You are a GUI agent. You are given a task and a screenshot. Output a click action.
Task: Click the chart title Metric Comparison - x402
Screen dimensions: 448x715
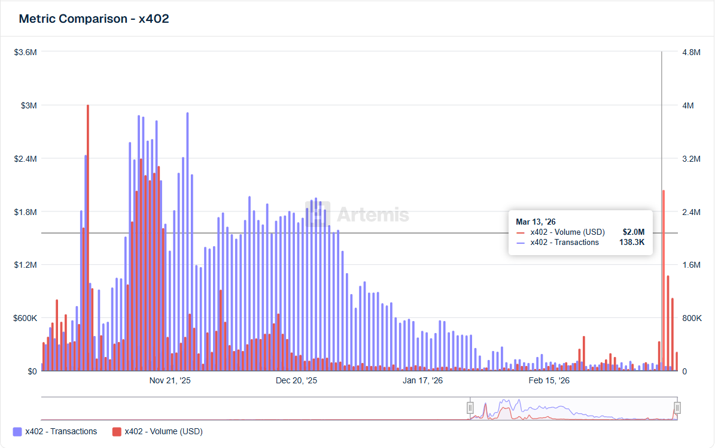click(94, 19)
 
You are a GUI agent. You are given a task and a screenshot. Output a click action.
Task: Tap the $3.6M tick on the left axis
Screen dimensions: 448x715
click(26, 52)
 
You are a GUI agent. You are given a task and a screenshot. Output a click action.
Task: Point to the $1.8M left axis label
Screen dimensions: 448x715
click(26, 212)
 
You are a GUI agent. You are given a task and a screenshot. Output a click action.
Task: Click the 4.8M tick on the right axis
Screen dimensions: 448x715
click(691, 52)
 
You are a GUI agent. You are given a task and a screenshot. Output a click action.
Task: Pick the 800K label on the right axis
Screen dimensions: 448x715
click(692, 318)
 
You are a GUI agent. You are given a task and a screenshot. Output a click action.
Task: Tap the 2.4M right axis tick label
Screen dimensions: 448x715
click(691, 212)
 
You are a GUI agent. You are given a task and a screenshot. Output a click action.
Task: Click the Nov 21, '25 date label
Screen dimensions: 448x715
click(170, 380)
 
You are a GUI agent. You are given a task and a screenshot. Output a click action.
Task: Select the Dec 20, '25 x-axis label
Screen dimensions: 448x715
click(297, 380)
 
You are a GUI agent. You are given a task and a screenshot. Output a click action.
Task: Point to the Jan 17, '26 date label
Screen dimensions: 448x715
click(423, 380)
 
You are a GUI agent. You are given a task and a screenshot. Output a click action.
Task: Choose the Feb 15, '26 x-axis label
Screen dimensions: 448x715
click(550, 380)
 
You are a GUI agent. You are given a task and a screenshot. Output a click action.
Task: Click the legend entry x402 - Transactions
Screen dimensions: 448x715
click(54, 431)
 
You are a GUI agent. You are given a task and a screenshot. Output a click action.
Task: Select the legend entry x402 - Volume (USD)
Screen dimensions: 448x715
click(157, 431)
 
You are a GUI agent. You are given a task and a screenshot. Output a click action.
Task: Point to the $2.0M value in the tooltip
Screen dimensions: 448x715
click(634, 232)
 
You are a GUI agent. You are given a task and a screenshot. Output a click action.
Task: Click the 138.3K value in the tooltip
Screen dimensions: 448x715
click(632, 243)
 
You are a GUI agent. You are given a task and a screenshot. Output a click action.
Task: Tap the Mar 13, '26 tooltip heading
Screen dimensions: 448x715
click(536, 222)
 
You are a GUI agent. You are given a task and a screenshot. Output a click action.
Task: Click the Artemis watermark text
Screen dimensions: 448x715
click(373, 214)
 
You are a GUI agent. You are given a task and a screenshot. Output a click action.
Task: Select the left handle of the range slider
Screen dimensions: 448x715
click(470, 408)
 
